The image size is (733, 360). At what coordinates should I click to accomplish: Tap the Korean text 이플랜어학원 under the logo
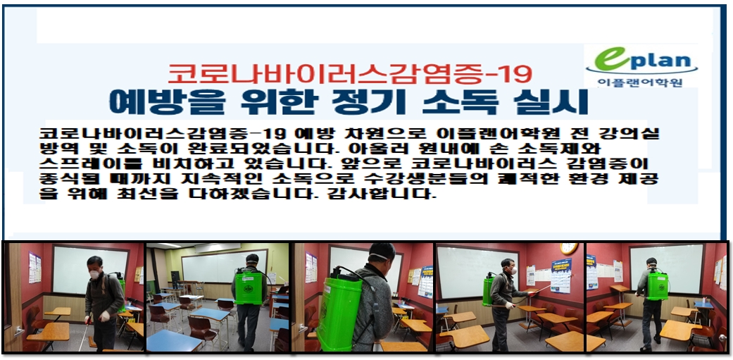click(x=640, y=82)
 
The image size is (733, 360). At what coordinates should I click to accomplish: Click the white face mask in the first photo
click(x=95, y=274)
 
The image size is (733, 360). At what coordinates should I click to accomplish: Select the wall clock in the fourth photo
click(x=569, y=248)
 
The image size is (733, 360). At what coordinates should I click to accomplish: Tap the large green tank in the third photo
click(x=339, y=307)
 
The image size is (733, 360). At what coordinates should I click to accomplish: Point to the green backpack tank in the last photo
click(x=657, y=285)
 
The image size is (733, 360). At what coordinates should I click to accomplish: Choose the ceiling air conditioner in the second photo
click(x=218, y=247)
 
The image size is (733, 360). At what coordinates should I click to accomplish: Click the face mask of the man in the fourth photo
click(x=513, y=271)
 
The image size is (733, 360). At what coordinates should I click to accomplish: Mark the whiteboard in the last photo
click(x=659, y=268)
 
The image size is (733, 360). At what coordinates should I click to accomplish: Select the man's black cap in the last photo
click(x=651, y=261)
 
